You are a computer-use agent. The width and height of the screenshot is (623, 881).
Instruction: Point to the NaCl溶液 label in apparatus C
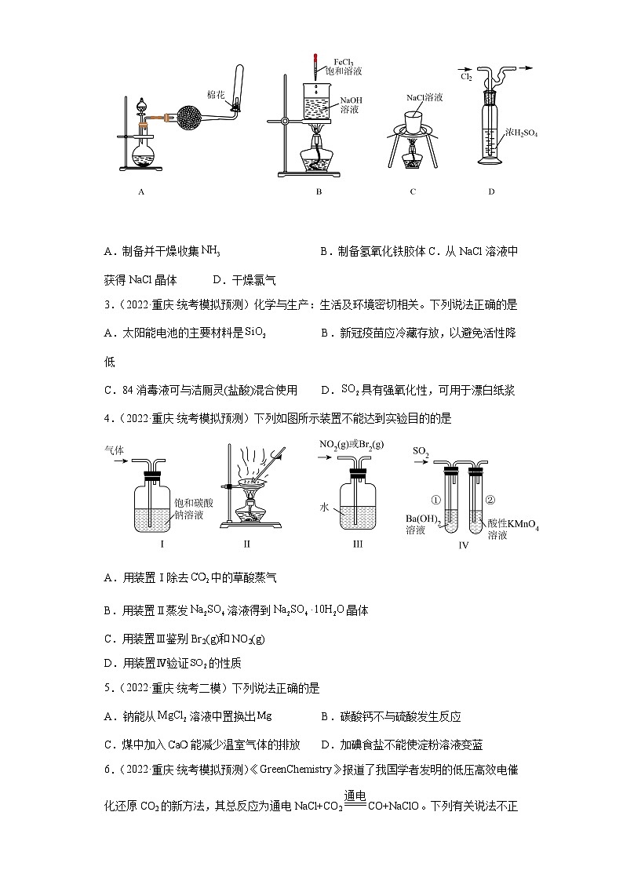(x=424, y=98)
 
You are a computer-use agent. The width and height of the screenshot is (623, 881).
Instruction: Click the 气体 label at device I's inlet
(x=115, y=450)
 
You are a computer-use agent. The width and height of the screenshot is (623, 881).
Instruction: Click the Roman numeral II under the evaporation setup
(x=246, y=544)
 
